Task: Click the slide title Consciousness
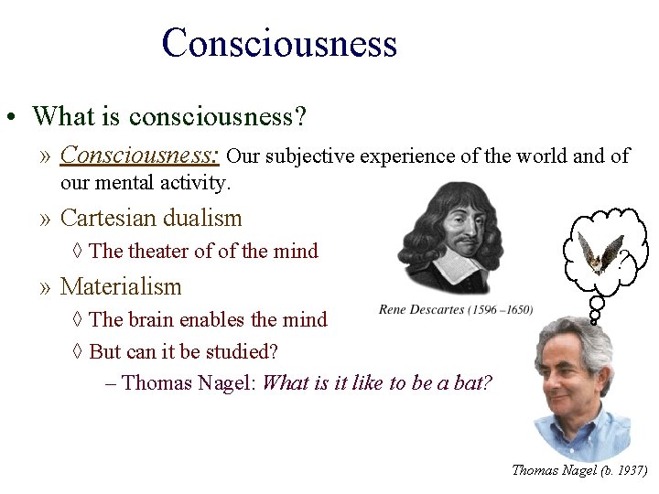point(279,43)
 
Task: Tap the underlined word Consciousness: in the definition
point(139,156)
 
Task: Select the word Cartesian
point(103,219)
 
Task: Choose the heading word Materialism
point(121,286)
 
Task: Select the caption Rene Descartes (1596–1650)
point(456,309)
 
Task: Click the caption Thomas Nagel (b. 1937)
point(578,470)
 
